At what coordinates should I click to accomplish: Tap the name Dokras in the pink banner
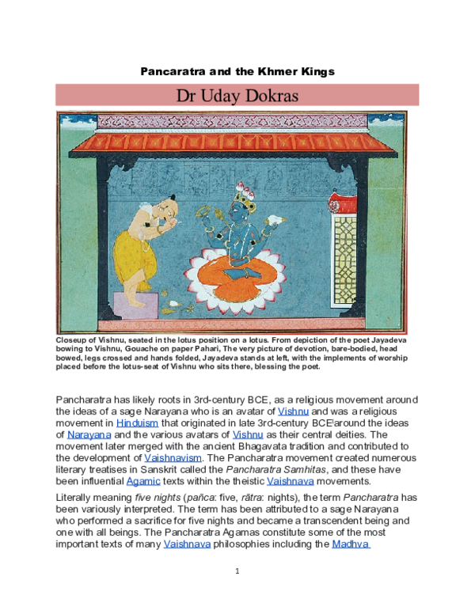[282, 96]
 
